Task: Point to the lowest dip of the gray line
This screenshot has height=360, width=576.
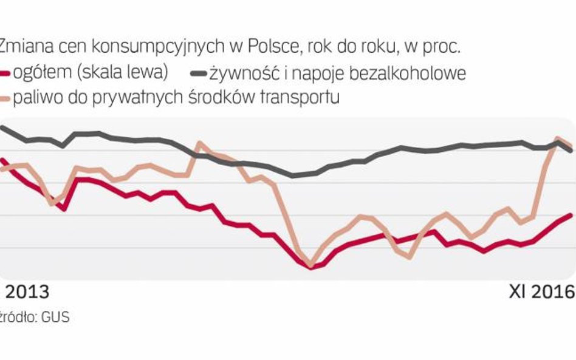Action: pyautogui.click(x=293, y=176)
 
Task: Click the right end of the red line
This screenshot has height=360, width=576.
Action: pyautogui.click(x=572, y=215)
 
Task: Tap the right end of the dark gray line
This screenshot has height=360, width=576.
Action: pyautogui.click(x=572, y=151)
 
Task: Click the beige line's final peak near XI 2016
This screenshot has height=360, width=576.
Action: pyautogui.click(x=557, y=140)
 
